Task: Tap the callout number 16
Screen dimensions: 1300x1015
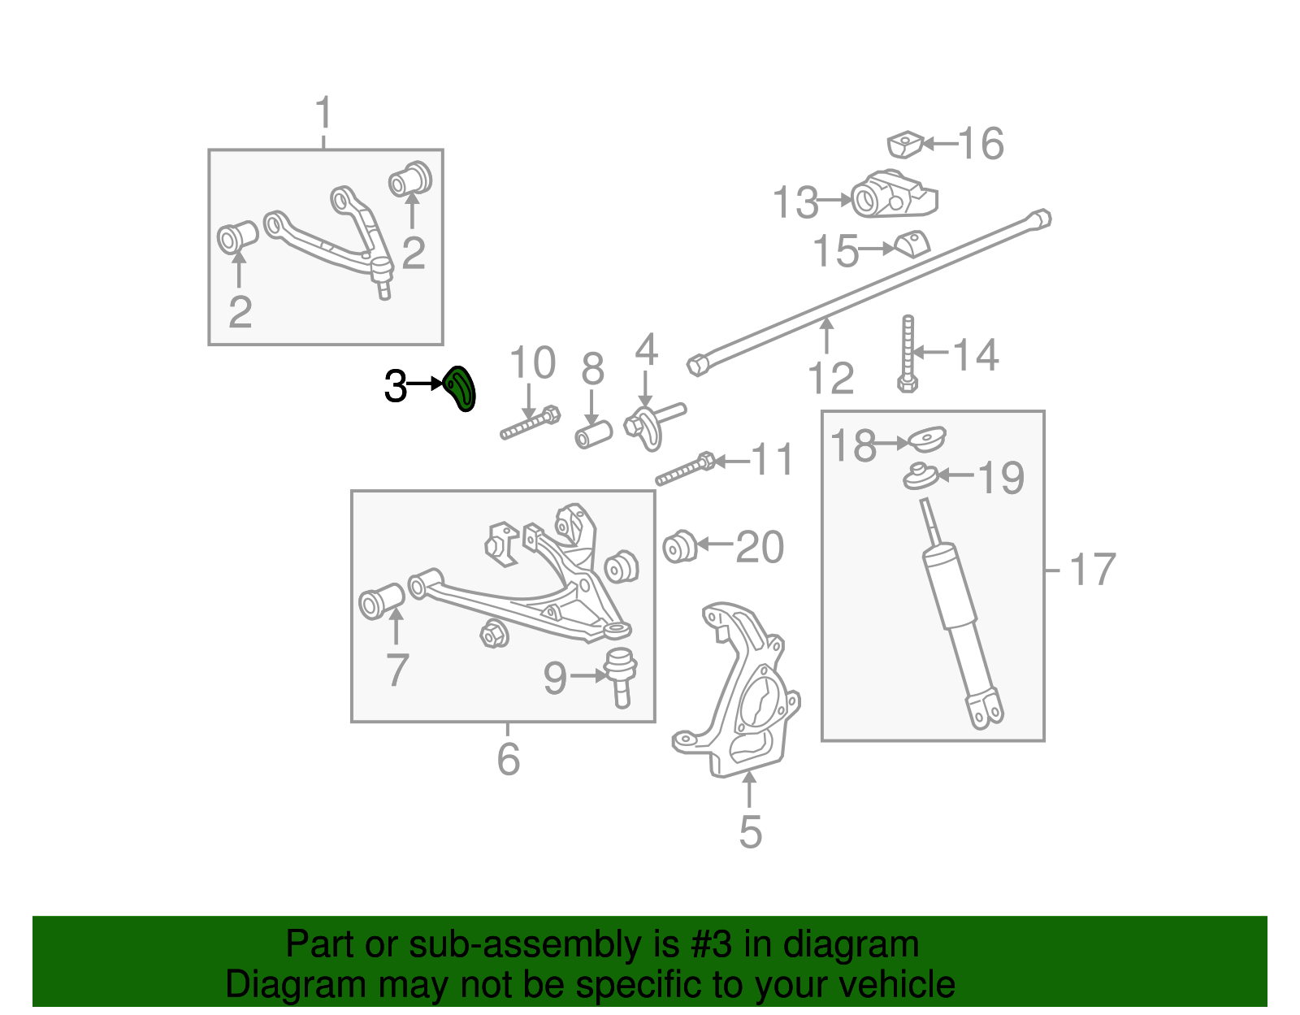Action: point(981,144)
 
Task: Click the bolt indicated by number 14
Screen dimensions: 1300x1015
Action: point(908,354)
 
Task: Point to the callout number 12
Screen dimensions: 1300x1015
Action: point(830,377)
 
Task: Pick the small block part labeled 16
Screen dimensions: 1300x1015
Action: point(905,144)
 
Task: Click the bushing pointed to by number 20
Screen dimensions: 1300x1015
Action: point(680,546)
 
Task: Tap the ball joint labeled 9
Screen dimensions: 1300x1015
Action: point(621,677)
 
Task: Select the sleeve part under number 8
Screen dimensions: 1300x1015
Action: point(593,434)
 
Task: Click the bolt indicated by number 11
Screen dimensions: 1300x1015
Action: point(686,469)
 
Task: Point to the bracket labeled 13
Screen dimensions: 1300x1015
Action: point(894,194)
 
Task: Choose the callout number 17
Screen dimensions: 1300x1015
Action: point(1092,570)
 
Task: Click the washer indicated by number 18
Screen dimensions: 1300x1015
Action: point(927,439)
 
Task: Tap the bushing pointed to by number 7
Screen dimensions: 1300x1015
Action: point(382,601)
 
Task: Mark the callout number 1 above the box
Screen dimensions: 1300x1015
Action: point(323,112)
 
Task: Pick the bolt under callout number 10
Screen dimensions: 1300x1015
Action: point(530,423)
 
